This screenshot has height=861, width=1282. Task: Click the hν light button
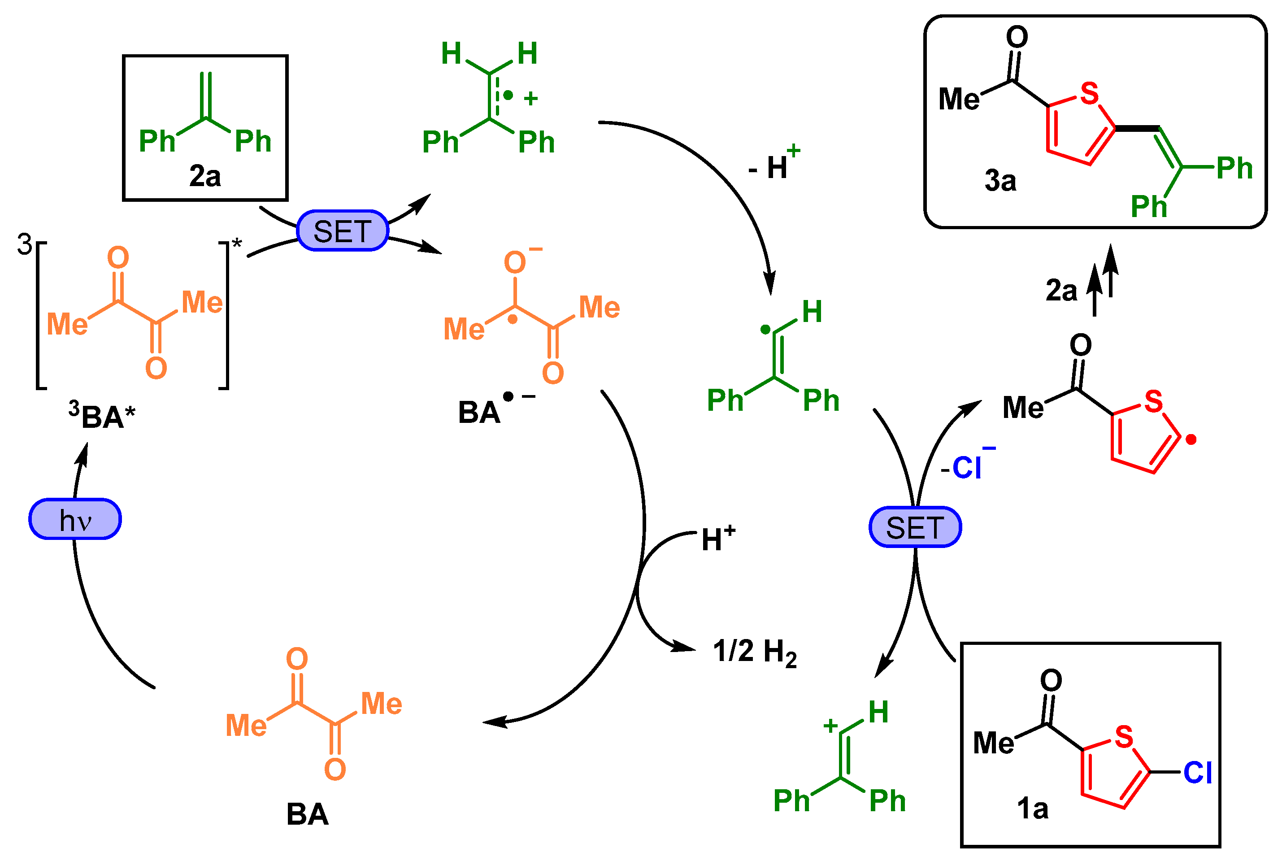coord(75,519)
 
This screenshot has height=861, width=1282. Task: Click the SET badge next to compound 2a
coord(343,230)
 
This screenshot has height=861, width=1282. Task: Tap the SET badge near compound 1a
coord(915,527)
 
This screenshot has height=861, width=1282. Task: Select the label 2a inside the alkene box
coord(205,176)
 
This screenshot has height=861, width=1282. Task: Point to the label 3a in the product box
coord(1000,180)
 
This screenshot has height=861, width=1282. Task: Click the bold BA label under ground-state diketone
coord(308,814)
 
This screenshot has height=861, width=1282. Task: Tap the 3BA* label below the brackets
coord(102,416)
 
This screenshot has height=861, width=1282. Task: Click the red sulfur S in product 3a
coord(1090,93)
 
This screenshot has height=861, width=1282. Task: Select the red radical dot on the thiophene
coord(1191,439)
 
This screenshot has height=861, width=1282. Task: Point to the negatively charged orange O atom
coord(515,262)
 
